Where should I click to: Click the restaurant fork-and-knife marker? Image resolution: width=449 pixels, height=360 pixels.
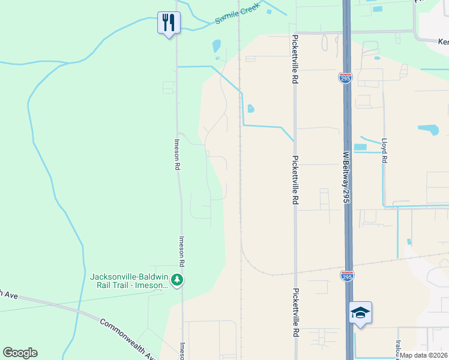[169, 23]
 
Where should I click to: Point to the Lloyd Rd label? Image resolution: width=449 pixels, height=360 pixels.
[384, 151]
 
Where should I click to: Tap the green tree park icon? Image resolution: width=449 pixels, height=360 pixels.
[176, 280]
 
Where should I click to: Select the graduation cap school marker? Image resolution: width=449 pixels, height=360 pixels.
[360, 313]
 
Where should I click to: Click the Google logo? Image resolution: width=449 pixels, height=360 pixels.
[20, 353]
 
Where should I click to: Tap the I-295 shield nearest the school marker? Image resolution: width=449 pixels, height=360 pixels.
[347, 276]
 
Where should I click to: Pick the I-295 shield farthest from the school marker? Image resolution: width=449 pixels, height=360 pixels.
[345, 78]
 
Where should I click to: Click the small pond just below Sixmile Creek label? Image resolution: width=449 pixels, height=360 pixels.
[216, 46]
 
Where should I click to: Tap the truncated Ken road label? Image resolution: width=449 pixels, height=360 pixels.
[443, 43]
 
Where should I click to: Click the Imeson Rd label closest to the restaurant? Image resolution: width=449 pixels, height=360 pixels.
[177, 154]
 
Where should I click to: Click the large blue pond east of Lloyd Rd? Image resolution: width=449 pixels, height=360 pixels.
[428, 130]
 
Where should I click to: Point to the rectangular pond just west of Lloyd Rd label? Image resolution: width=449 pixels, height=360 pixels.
[360, 147]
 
